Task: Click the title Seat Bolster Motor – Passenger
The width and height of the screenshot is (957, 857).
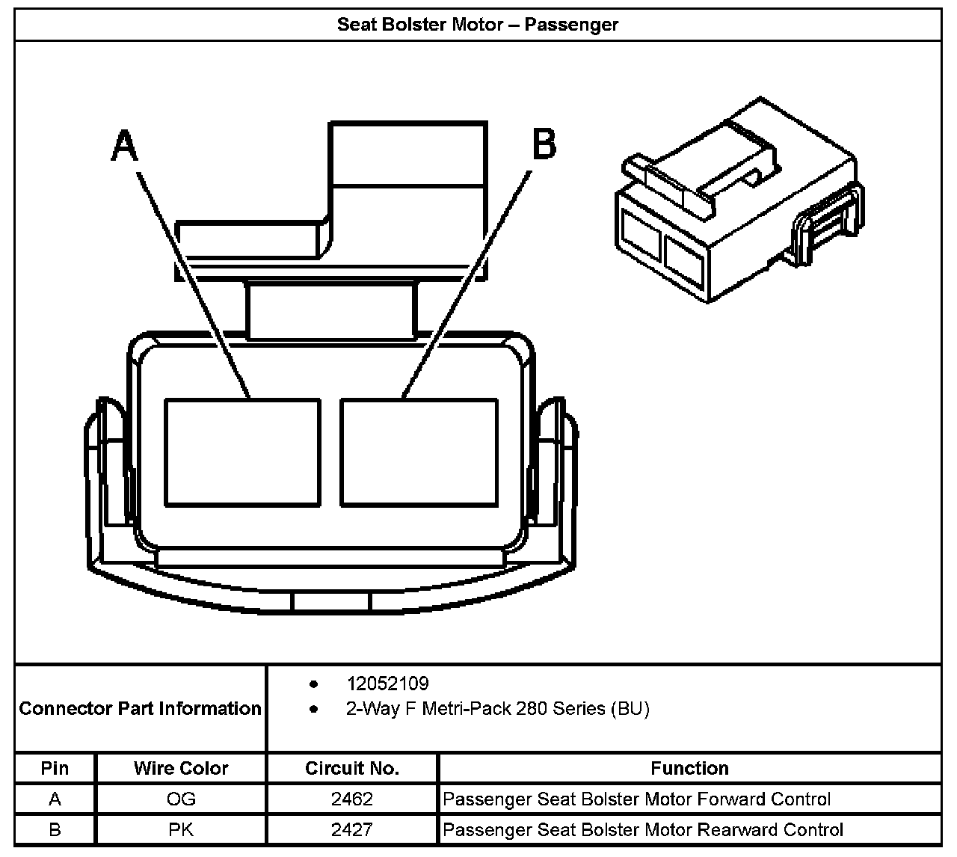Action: point(478,25)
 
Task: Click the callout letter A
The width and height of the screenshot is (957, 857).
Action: point(125,145)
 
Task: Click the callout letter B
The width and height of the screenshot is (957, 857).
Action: point(544,144)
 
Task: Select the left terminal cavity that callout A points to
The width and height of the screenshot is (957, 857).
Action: point(243,452)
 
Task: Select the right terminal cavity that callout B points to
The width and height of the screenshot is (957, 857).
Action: point(419,452)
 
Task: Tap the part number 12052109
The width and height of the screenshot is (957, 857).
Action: point(388,684)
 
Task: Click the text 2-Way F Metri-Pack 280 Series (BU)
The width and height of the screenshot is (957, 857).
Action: point(498,709)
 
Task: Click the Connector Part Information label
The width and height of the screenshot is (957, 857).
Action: point(140,709)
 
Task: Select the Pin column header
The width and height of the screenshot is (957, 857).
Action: point(55,768)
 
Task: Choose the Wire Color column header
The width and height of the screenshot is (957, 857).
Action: point(181,768)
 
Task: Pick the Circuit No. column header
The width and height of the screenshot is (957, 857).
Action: point(352,768)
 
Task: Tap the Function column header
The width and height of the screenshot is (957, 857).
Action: point(689,768)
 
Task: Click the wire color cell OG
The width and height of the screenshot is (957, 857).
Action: point(181,799)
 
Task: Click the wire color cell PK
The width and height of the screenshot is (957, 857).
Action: point(181,829)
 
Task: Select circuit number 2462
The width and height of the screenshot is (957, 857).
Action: point(352,799)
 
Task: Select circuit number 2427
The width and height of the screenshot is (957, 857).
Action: point(352,829)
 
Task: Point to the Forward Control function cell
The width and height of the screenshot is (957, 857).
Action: point(636,799)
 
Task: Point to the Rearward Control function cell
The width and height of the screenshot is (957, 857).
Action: point(643,830)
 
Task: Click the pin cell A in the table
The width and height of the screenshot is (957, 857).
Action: point(55,799)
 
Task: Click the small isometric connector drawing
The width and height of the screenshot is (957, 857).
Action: point(739,200)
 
